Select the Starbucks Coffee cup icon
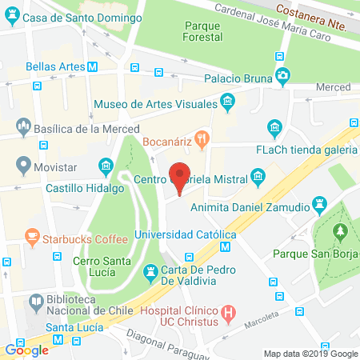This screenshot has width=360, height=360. point(31,238)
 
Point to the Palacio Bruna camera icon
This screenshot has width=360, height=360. point(283,77)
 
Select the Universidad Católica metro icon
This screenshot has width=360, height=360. point(227,234)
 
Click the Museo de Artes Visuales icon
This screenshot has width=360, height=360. point(228,102)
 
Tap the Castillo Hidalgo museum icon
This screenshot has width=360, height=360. point(105,166)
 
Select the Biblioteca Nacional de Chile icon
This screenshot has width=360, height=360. point(35,303)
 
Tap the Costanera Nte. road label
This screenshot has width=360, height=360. point(316,10)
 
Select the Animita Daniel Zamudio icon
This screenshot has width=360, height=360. point(322,202)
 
